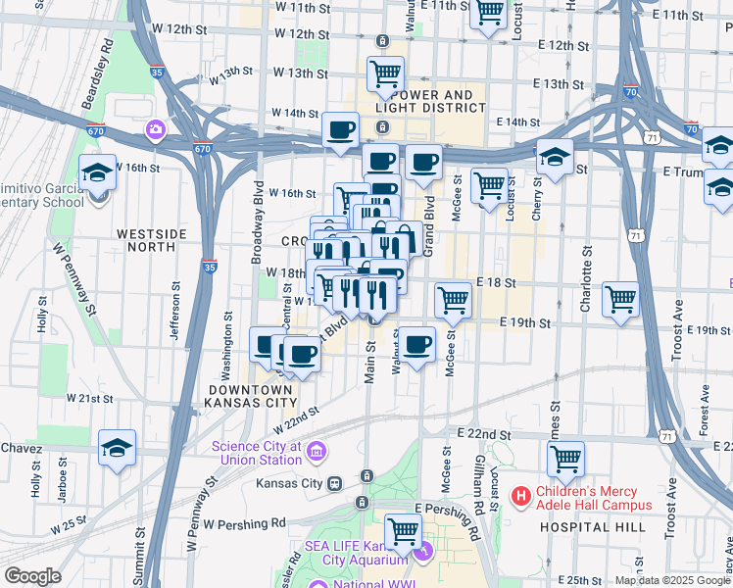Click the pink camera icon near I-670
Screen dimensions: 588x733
click(x=155, y=129)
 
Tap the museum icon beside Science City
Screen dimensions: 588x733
click(x=317, y=452)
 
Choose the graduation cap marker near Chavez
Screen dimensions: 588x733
click(x=117, y=447)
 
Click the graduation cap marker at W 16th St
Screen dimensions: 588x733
click(x=98, y=172)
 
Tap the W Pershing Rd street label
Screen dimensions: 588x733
click(x=245, y=524)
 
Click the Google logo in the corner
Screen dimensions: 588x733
click(x=32, y=576)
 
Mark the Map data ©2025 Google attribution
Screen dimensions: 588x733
click(x=671, y=580)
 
